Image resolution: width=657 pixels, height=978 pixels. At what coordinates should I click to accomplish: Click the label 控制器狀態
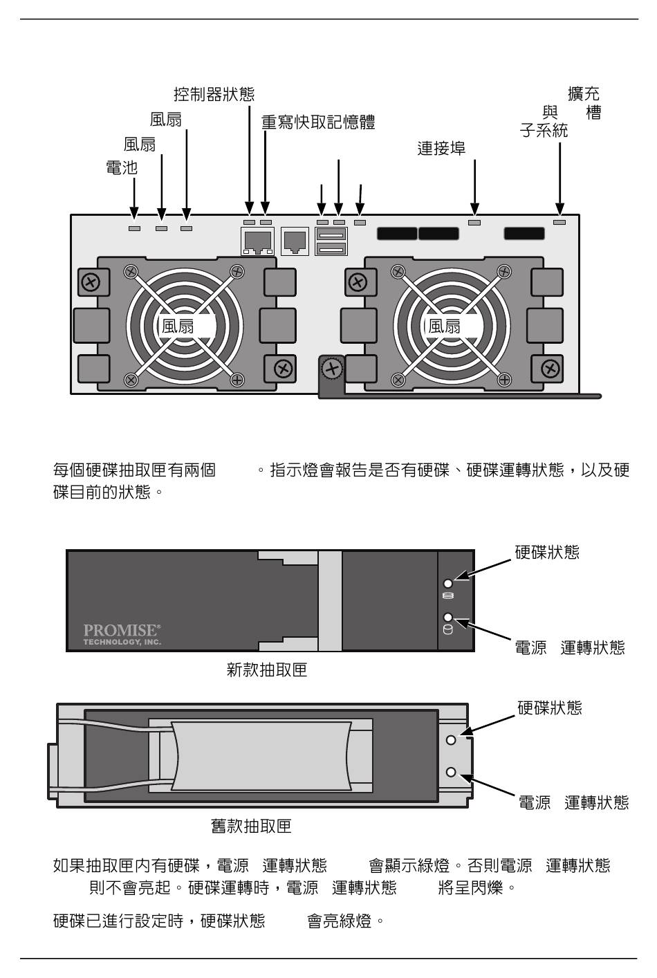click(x=214, y=94)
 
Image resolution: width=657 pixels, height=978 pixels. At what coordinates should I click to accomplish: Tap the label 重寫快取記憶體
click(x=317, y=122)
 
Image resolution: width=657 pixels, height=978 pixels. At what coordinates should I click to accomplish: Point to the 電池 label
click(x=122, y=167)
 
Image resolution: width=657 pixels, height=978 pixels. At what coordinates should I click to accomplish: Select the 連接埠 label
click(x=441, y=148)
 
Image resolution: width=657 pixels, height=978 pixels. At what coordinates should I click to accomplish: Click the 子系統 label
click(x=544, y=130)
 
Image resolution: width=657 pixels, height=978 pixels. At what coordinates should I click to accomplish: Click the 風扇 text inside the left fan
click(x=178, y=326)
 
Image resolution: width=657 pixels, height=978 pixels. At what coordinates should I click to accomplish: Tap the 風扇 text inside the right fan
click(x=444, y=326)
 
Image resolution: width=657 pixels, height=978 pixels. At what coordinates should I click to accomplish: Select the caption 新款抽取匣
click(x=266, y=670)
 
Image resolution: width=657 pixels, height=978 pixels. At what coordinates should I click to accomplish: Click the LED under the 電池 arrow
click(x=135, y=228)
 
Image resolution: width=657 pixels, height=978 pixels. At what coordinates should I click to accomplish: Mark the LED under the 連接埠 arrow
click(x=474, y=223)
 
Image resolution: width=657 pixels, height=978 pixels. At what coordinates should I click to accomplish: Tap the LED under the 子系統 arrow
click(x=559, y=222)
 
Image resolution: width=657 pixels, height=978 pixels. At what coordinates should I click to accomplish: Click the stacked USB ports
click(x=331, y=241)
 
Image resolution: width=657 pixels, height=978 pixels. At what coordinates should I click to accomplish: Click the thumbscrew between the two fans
click(x=333, y=368)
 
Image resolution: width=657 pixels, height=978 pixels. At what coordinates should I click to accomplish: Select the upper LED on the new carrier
click(x=448, y=584)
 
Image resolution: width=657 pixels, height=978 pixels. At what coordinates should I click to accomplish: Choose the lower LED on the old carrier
click(x=451, y=772)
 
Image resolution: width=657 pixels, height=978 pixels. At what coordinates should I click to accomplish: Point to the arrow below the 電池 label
click(x=135, y=197)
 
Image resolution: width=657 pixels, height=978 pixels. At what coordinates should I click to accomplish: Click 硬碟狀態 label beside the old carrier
click(x=549, y=708)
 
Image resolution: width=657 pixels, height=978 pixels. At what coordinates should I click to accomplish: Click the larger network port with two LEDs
click(x=258, y=241)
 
